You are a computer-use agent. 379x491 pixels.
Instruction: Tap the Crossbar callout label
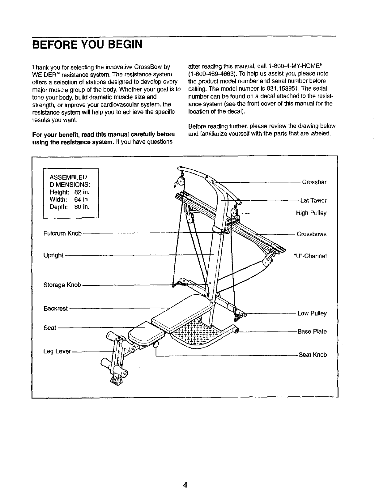(314, 182)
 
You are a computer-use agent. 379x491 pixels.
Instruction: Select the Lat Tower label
(313, 201)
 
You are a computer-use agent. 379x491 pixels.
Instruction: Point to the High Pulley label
(311, 213)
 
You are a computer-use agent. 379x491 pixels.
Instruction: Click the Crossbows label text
(311, 234)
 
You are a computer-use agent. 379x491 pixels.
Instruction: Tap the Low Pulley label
(312, 314)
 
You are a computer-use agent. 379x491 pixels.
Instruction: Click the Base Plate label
(312, 331)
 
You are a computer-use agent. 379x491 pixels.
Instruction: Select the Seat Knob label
(313, 355)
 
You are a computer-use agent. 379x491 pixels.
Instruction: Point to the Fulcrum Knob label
(62, 233)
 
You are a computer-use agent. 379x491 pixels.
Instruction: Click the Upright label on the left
(53, 255)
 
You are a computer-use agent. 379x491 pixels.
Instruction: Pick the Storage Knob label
(62, 285)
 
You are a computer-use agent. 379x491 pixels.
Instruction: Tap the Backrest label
(55, 309)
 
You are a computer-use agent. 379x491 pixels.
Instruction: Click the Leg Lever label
(57, 351)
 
